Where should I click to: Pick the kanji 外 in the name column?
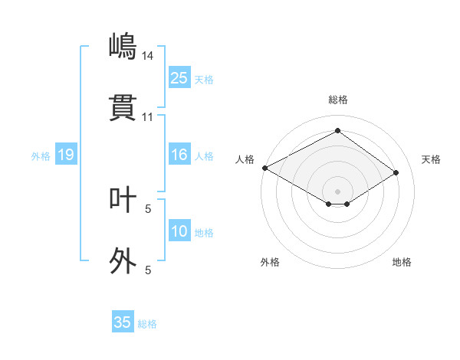point(123,261)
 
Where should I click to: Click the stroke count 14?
point(148,55)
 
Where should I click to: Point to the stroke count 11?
point(148,117)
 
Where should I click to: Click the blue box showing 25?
point(179,78)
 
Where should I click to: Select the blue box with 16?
point(179,155)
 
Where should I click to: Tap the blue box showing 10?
point(179,231)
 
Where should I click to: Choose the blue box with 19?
point(65,155)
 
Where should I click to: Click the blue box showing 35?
point(123,322)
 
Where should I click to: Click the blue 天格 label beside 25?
point(203,80)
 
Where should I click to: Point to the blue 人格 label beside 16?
point(203,156)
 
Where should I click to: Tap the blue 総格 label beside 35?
point(147,324)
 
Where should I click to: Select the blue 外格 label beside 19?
point(41,156)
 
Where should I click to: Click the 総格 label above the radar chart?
point(337,100)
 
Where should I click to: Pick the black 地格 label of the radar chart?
point(402,262)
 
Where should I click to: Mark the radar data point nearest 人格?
point(264,168)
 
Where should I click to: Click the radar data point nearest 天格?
point(396,173)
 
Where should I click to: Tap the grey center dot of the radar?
point(337,191)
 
